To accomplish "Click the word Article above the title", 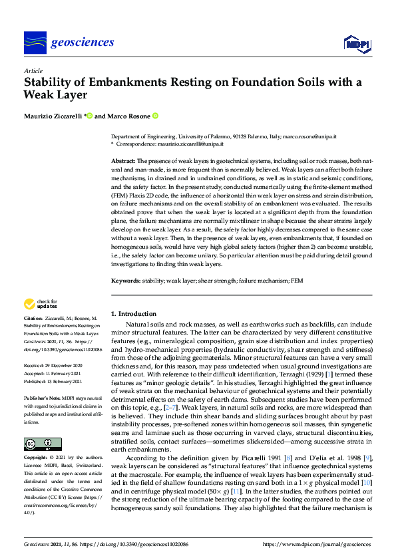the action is (33, 70).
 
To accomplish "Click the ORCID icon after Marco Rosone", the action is (155, 116).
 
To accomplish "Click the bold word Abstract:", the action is (122, 161).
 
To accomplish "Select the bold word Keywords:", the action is (125, 281).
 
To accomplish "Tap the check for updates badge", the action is (41, 305).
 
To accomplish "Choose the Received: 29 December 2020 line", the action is (54, 366).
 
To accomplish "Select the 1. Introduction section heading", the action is (133, 313).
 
